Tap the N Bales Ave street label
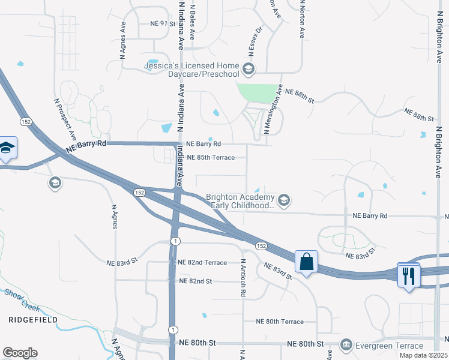point(192,20)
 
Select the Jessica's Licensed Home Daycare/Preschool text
point(192,70)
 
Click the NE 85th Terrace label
point(210,158)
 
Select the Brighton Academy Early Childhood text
point(240,201)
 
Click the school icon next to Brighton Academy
point(284,200)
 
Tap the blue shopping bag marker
point(306,262)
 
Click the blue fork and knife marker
point(409,275)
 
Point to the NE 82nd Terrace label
point(202,263)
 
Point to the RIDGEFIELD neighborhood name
point(33,320)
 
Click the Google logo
point(20,353)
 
